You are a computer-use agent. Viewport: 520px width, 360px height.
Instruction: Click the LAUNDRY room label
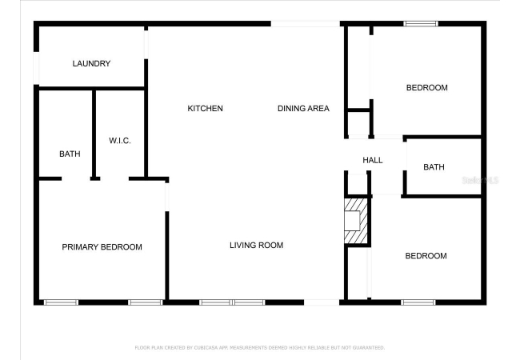[91, 63]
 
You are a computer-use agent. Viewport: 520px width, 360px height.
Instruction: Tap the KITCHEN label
[206, 108]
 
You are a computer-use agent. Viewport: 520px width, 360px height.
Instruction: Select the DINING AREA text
[303, 108]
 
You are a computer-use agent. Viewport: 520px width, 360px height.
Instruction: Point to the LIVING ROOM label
[256, 246]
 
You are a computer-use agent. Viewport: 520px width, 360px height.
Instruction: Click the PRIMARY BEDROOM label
[102, 247]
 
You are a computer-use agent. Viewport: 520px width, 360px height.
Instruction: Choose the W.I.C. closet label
[120, 141]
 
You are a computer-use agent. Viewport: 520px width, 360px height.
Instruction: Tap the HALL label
[373, 161]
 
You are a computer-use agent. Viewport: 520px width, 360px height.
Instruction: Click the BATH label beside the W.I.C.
[70, 154]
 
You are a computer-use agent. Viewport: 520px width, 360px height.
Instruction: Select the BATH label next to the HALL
[434, 167]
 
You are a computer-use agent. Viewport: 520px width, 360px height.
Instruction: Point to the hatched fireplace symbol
[356, 221]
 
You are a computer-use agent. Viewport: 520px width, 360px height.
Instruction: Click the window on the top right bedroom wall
[421, 23]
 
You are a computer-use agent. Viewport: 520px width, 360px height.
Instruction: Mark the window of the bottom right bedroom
[418, 302]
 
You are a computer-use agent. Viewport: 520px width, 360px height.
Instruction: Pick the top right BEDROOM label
[427, 88]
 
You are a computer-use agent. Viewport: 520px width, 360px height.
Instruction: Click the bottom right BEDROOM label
[426, 256]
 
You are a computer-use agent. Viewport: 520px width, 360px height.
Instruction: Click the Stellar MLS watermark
[480, 180]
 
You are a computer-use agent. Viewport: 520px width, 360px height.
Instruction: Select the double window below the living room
[232, 302]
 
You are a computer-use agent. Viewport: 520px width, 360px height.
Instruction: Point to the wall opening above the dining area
[306, 23]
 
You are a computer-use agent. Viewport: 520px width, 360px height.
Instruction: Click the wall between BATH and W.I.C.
[94, 134]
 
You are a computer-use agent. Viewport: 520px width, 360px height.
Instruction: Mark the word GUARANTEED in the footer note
[369, 348]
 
